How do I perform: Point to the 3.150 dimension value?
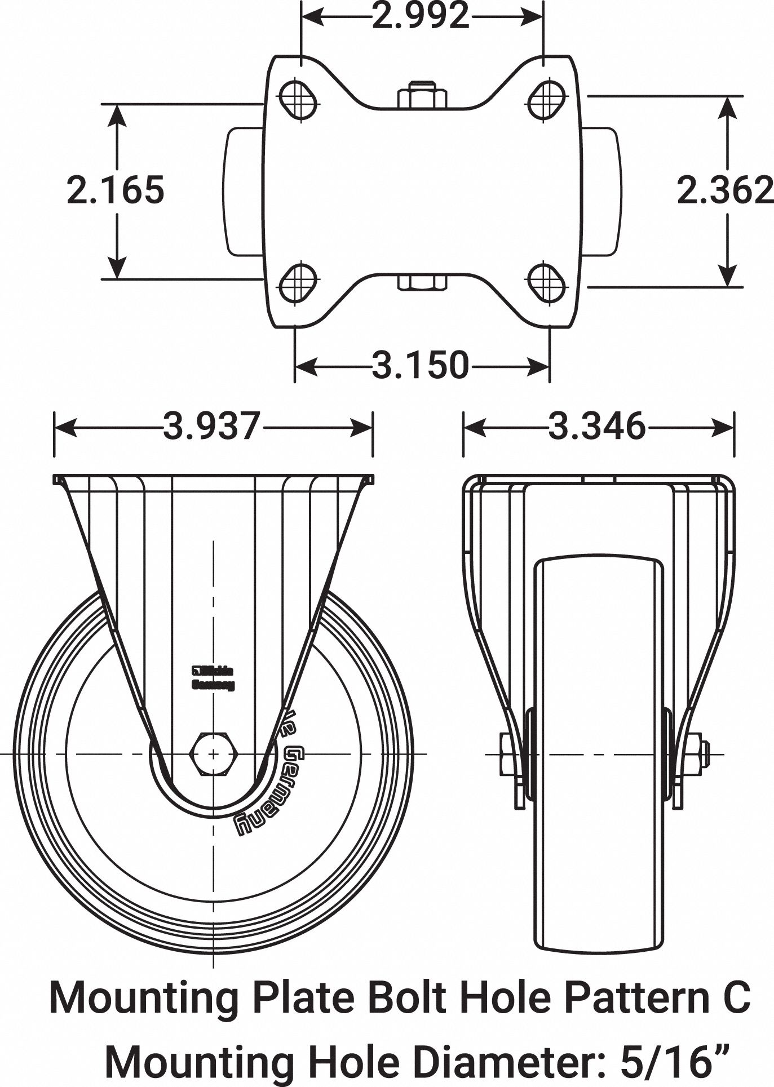pos(421,365)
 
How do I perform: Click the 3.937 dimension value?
pos(213,427)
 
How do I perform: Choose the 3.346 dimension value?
pos(597,427)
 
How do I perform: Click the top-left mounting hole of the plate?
pos(298,100)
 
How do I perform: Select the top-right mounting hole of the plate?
pos(546,100)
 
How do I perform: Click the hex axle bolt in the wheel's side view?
pos(214,754)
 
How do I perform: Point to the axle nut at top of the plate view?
pos(422,96)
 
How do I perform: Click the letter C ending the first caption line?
pos(739,997)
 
